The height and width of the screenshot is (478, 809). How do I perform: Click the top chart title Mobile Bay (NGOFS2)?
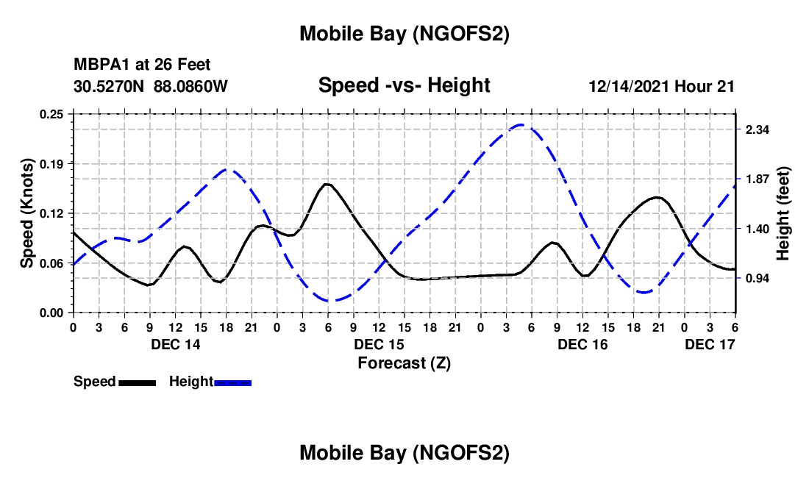[x=404, y=34]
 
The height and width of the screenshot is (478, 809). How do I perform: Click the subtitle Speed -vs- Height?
[x=404, y=85]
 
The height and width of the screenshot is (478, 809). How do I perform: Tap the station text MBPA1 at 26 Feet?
[x=142, y=65]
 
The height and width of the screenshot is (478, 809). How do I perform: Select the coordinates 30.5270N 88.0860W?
[x=151, y=86]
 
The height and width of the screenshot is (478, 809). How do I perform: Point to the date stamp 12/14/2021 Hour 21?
[x=661, y=86]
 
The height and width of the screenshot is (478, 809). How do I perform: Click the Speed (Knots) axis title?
[x=27, y=213]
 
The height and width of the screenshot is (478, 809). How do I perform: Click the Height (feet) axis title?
[x=783, y=213]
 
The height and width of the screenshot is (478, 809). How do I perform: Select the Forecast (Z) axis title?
[x=404, y=363]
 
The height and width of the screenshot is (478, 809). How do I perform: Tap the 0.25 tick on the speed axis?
[x=51, y=114]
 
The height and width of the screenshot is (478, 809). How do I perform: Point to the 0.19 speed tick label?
[x=51, y=163]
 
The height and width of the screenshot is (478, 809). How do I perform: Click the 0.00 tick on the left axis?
[x=51, y=313]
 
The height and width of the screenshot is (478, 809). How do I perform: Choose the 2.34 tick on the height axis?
[x=758, y=129]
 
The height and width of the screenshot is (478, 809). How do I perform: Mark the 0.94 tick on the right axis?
[x=758, y=279]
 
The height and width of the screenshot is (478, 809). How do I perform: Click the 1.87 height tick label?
[x=758, y=179]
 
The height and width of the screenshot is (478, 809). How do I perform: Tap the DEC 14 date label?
[x=175, y=344]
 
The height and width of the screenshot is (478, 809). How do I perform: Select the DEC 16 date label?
[x=582, y=344]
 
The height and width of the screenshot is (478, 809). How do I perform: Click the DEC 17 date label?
[x=710, y=344]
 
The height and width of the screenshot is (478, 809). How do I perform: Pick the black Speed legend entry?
[x=114, y=382]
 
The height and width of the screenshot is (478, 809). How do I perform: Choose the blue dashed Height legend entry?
[x=210, y=382]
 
